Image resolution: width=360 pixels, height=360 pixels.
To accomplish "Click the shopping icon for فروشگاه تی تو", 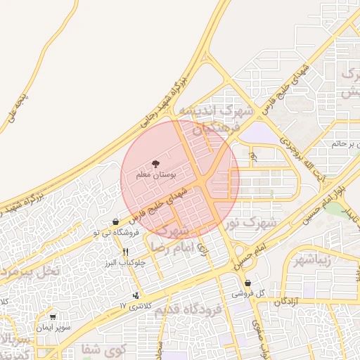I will click(115, 221).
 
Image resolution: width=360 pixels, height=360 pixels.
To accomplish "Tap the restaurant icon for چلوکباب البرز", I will click(126, 252).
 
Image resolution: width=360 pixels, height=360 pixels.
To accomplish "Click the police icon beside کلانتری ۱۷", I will click(136, 295).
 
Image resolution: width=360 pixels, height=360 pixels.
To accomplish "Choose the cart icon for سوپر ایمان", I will click(52, 317).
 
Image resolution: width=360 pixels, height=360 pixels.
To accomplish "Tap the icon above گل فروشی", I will click(248, 283).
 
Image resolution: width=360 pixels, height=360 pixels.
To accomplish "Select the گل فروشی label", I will click(248, 293).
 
